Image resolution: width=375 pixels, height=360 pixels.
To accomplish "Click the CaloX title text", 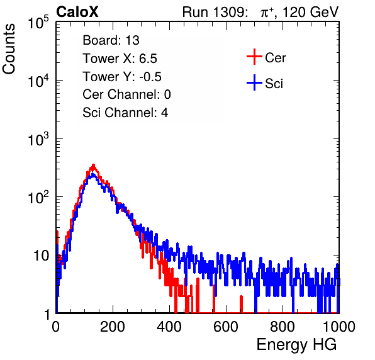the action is click(77, 12).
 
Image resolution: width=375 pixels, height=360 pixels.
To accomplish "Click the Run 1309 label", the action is click(215, 12).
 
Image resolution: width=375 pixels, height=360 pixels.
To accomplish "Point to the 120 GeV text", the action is click(311, 12).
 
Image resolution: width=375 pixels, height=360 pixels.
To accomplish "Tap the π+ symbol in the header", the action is click(267, 13).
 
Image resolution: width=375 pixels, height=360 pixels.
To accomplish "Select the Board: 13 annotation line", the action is click(111, 40).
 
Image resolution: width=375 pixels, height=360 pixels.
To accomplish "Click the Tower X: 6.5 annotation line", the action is click(120, 59).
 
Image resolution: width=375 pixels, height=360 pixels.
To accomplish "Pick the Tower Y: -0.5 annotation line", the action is click(122, 77).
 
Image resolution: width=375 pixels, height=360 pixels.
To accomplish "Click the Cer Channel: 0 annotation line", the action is click(126, 94).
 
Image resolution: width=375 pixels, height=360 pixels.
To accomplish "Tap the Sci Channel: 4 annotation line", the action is click(125, 113).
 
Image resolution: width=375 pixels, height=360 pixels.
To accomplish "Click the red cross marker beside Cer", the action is click(254, 57).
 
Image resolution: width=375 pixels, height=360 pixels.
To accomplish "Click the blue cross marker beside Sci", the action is click(254, 83).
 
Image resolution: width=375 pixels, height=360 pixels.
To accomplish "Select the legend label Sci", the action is click(274, 84).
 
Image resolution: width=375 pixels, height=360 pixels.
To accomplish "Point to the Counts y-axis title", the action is click(9, 48).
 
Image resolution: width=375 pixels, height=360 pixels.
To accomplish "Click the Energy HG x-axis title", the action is click(296, 345).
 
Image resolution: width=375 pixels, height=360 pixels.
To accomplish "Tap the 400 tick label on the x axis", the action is click(169, 327).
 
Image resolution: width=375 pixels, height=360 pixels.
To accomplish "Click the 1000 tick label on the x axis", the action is click(339, 327).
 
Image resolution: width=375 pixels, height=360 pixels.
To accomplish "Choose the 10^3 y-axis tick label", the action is click(38, 139).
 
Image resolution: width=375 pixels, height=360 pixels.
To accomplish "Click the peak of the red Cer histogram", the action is click(94, 165).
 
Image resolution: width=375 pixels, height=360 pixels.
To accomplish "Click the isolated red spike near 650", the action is click(242, 304).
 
